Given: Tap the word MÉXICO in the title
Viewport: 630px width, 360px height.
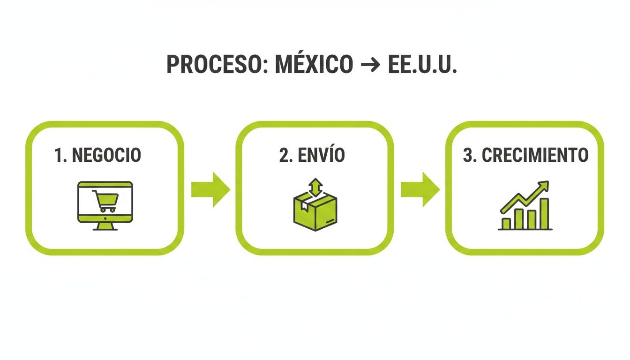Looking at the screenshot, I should point(314,64).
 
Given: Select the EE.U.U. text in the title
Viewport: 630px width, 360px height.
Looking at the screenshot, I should point(422,64).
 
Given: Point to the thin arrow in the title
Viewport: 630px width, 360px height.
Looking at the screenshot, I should point(370,65).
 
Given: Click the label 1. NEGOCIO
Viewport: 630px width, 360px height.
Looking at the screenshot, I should point(97,155).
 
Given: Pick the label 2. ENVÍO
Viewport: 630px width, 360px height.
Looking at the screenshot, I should point(312,155).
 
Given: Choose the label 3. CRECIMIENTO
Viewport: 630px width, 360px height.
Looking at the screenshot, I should point(525,155).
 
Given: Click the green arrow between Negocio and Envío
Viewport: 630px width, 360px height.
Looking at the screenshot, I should point(210,189).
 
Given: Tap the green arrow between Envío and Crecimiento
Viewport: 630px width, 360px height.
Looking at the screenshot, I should point(420,189).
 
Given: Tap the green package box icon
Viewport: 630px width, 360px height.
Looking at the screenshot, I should point(315,214).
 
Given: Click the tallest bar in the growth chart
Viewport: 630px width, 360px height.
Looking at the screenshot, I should point(544,213).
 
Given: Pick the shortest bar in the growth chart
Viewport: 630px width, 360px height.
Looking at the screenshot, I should point(506,223).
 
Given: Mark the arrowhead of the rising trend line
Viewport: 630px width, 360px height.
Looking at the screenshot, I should point(544,185).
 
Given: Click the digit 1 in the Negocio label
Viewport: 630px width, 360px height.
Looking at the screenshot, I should point(58,156).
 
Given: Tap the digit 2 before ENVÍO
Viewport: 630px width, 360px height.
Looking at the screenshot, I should point(283,156).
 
